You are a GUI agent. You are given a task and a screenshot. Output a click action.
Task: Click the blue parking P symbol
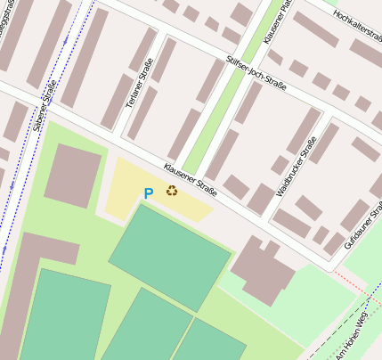coord(148,192)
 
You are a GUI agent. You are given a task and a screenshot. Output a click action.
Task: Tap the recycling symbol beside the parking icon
coord(172,191)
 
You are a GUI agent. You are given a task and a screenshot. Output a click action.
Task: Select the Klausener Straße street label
coord(191,178)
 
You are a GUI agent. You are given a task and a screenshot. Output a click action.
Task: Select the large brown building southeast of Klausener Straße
coord(263,268)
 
